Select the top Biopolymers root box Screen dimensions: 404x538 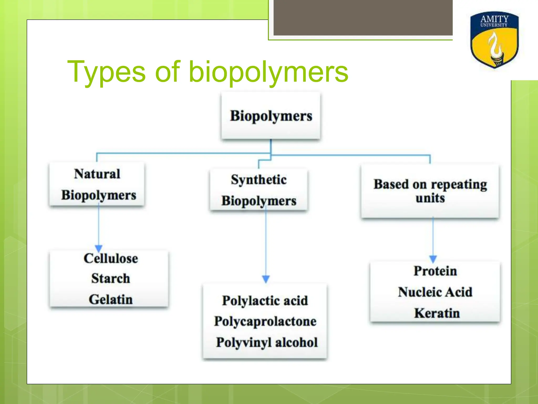click(271, 116)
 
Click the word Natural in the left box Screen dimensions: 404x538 click(97, 174)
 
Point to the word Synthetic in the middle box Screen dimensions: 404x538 click(259, 180)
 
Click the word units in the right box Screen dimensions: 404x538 click(430, 198)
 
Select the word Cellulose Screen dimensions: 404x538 click(111, 258)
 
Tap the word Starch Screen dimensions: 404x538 click(111, 278)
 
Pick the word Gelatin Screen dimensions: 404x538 click(111, 299)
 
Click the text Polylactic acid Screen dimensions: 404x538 click(265, 300)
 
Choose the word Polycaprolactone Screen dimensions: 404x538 click(265, 321)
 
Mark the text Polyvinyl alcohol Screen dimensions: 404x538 click(267, 342)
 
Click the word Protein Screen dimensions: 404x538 click(435, 271)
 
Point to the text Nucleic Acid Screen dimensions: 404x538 click(435, 292)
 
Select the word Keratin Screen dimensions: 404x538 click(437, 313)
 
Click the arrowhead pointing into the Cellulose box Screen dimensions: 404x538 click(99, 248)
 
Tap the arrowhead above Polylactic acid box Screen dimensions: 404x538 click(266, 279)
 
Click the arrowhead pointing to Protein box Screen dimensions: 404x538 click(433, 259)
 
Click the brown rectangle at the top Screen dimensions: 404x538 click(363, 17)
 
